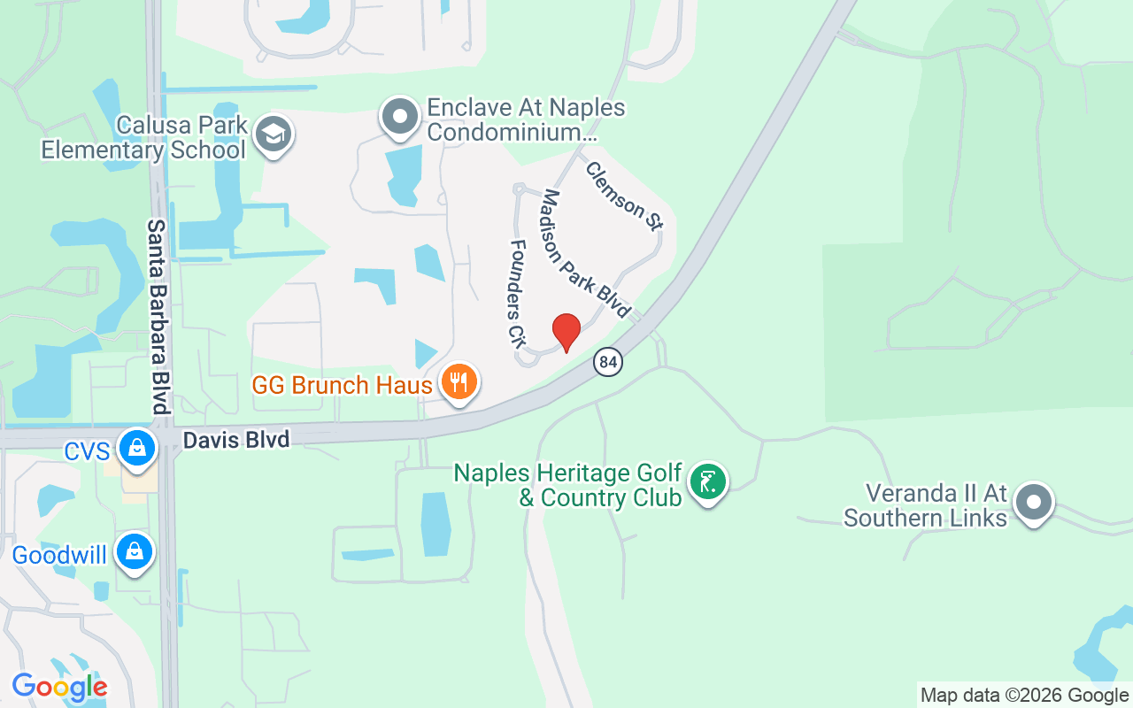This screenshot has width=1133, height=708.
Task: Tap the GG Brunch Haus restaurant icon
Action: coord(459,381)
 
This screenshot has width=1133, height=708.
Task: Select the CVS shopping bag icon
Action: coord(137,448)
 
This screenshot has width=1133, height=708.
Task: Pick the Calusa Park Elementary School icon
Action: coord(274,135)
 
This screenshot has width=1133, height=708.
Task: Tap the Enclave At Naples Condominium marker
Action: coord(400,117)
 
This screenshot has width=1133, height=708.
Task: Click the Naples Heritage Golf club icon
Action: coord(707,482)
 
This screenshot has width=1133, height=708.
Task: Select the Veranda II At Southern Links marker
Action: coord(1033,502)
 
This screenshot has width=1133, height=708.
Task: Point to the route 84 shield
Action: coord(607,361)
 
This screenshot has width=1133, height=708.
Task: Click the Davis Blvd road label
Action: coord(236,439)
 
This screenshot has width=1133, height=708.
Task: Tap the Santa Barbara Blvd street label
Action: coord(158,317)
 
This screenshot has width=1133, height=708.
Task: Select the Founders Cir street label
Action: coord(517,291)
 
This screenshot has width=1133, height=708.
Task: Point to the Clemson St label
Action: coord(623,196)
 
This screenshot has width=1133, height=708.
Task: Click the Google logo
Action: coord(59,686)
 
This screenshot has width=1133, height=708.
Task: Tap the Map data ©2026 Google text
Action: coord(1025,696)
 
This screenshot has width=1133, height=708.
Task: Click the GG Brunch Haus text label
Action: coord(343,385)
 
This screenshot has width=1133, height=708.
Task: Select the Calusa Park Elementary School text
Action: coord(144,137)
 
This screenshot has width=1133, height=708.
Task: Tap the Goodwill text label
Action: coord(59,556)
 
